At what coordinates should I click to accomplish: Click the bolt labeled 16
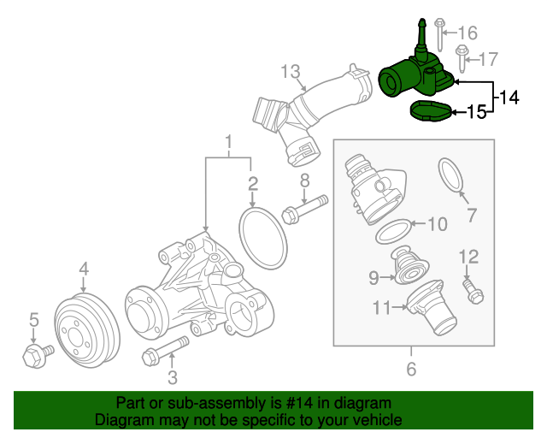438,34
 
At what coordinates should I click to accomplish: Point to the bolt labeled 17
462,57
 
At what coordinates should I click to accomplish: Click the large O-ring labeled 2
260,235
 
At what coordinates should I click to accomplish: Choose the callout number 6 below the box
410,370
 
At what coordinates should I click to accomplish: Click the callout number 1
228,140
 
